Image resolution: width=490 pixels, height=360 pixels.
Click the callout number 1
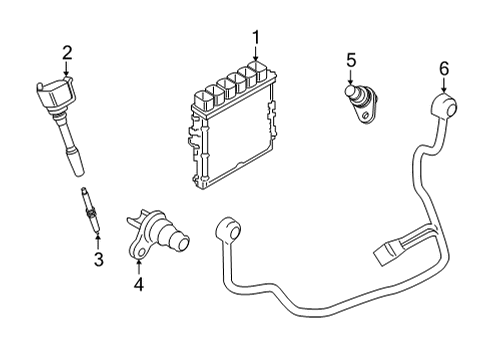[256, 38]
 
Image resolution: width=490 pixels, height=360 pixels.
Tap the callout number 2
[66, 52]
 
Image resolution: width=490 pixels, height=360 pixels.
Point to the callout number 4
[139, 285]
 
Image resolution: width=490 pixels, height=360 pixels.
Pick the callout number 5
[350, 61]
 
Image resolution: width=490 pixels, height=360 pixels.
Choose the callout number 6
[445, 69]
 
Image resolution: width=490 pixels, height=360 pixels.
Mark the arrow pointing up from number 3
[98, 240]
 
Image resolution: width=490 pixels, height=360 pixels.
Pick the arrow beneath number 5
[350, 78]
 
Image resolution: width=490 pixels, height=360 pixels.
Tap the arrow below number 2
[66, 70]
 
